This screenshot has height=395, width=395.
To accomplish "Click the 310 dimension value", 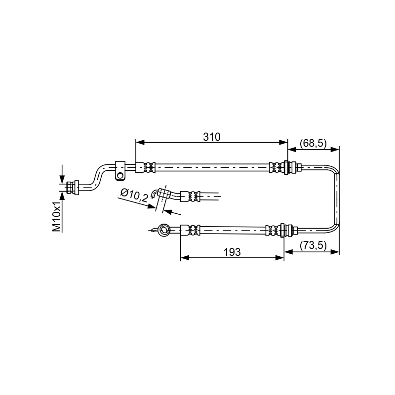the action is (211, 137).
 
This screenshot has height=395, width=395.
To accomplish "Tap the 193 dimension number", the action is (232, 252).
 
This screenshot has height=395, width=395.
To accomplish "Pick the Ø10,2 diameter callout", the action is (134, 196).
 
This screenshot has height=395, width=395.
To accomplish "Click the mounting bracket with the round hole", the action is (120, 170).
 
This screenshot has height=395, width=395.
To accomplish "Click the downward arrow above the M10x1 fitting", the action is (62, 174).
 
